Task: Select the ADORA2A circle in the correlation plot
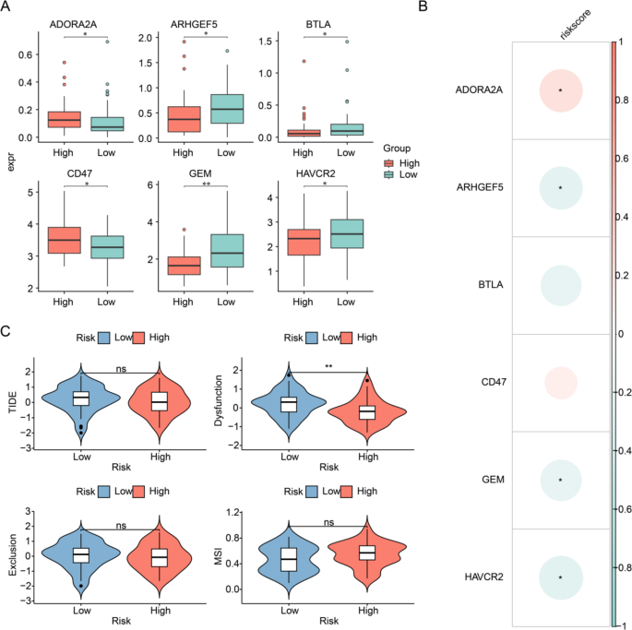(559, 90)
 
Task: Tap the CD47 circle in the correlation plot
(559, 382)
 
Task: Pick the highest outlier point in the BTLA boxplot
(348, 42)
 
